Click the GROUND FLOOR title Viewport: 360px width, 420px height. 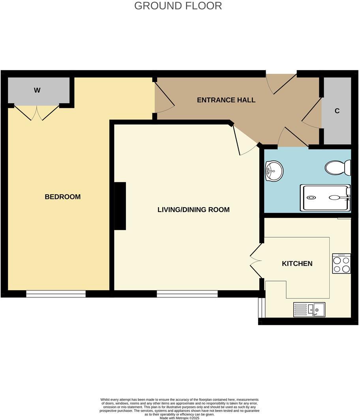(x=178, y=6)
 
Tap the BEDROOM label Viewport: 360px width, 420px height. (x=62, y=197)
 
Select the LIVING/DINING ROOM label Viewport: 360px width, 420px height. (x=193, y=210)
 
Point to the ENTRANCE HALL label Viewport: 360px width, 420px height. (x=226, y=100)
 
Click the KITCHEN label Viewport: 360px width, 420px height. (x=297, y=263)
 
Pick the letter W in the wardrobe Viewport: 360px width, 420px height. (x=37, y=90)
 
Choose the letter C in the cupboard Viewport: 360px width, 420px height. (x=337, y=111)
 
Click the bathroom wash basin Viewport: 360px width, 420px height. (x=274, y=171)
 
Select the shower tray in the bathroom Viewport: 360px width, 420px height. (x=325, y=198)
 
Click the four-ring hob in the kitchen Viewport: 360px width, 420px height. (x=341, y=263)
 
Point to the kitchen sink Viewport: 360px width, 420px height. (x=309, y=309)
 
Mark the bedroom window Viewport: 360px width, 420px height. (x=56, y=294)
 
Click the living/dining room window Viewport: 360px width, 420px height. (x=187, y=294)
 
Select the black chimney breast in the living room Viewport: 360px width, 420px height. (x=120, y=206)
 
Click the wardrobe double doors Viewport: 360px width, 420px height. (x=37, y=112)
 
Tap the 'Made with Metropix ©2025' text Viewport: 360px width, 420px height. (x=180, y=418)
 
